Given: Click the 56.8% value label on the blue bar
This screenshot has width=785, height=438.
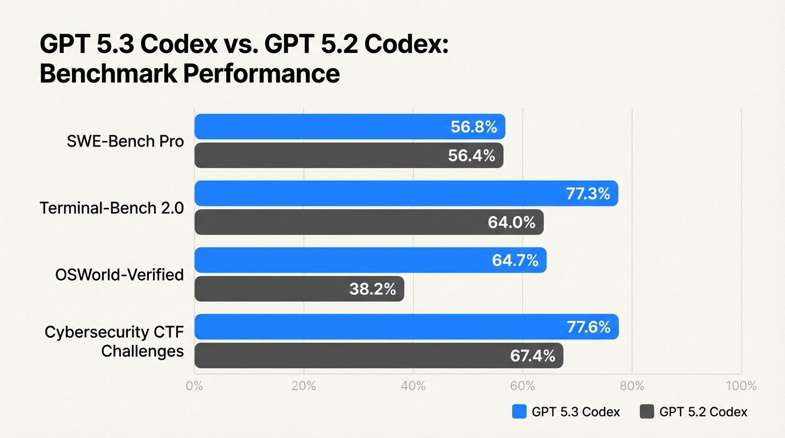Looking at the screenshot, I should coord(474,127).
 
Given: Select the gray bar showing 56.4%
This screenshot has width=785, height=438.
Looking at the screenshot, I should coord(349,155).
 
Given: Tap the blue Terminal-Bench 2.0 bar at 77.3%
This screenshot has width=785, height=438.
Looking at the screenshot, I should coord(406,193).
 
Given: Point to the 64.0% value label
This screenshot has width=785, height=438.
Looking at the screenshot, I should coord(511,222).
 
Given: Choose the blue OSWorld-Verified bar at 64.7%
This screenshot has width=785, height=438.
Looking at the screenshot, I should coord(370,260).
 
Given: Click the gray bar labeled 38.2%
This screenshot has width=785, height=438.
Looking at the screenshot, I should coord(299,289).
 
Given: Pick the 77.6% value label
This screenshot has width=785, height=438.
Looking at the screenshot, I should coord(588,327).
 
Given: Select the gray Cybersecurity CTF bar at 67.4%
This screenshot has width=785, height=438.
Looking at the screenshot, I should coord(378,356).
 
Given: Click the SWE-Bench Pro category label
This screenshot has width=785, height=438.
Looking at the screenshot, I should coord(126,141).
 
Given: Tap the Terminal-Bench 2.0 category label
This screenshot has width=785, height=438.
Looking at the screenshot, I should coord(112,208).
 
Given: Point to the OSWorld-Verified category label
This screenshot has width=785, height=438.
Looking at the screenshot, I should coord(120,275).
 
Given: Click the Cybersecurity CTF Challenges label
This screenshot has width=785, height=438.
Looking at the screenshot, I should coord(114,341).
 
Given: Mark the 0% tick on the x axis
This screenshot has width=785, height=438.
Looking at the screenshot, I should coord(195,386).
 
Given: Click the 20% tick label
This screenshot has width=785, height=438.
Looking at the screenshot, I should coord(304,386).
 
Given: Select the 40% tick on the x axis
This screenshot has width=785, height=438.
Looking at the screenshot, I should coord(413,386).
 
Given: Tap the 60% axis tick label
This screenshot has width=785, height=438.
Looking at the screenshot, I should coord(523,386).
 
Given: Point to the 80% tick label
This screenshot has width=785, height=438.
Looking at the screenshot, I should coord(632,386).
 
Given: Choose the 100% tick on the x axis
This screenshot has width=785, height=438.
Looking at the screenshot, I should coord(741,386).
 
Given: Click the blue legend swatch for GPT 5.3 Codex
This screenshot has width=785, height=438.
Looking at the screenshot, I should coord(519,412).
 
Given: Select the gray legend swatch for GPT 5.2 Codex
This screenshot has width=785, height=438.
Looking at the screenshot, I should coord(647,412).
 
